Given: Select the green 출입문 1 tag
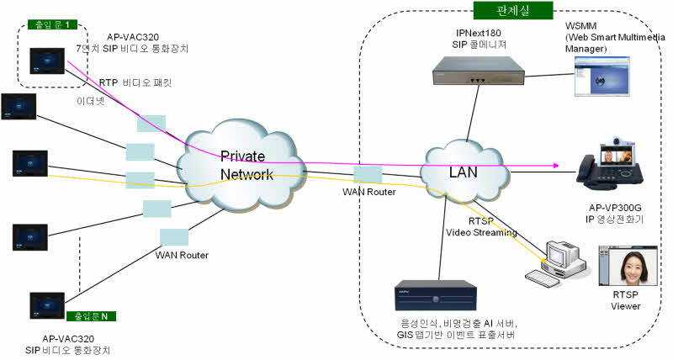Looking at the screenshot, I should pos(51,24).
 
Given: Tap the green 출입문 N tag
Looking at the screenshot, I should pos(92,316).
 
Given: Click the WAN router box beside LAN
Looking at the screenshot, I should pos(368,175).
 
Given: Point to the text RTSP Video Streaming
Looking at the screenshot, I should pos(480,227).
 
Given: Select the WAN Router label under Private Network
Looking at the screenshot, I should pos(181,254).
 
